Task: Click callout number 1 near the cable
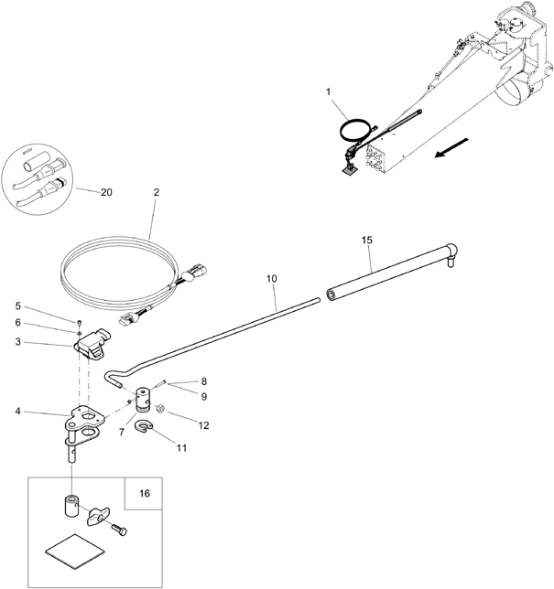(329, 91)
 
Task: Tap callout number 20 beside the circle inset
(106, 192)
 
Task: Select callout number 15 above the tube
(367, 240)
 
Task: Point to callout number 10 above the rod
(272, 279)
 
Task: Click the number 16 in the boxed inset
(145, 493)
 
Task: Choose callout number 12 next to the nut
(203, 425)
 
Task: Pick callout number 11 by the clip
(181, 448)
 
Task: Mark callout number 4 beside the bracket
(17, 412)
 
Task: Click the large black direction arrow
(451, 147)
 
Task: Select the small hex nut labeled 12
(159, 408)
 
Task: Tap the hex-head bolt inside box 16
(119, 530)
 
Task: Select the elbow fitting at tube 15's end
(451, 252)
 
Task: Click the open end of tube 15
(331, 294)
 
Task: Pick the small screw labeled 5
(80, 323)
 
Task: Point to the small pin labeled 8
(159, 384)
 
